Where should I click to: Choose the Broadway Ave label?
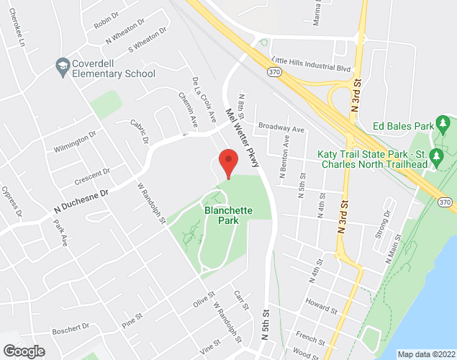point(282,127)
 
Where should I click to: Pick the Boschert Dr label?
point(70,330)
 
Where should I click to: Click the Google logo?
point(23,351)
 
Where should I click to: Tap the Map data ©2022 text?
point(425,354)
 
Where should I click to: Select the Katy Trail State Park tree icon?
point(435,156)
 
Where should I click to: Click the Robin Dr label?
point(106,19)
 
